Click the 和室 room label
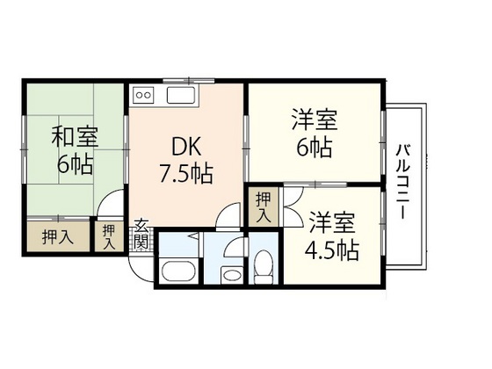74,137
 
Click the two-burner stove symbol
144,94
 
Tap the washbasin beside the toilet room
232,275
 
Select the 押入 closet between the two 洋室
263,208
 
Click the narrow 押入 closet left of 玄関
108,235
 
